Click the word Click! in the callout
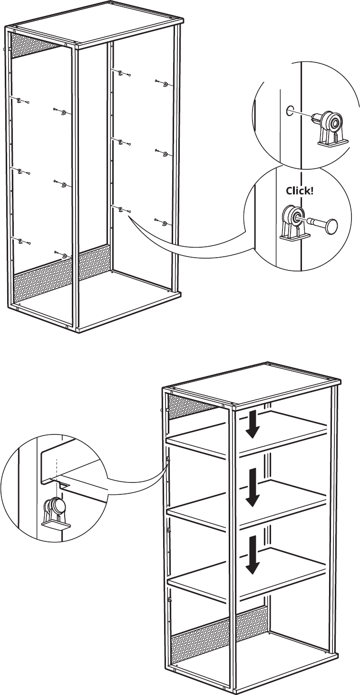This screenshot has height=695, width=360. pos(299,191)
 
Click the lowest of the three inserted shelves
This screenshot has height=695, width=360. pos(247,573)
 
